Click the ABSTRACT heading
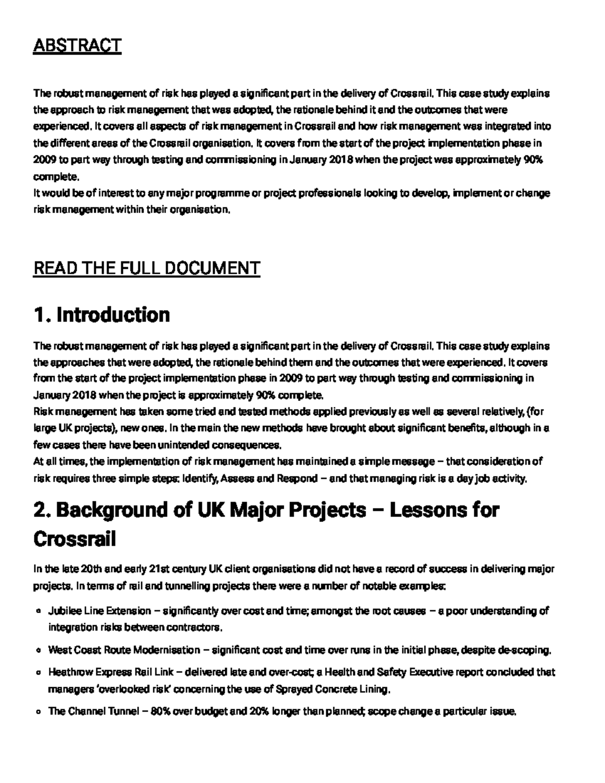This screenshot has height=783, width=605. (77, 45)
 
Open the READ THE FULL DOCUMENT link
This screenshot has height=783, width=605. (146, 268)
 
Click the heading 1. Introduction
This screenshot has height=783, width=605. (101, 315)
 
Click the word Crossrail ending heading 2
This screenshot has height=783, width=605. (74, 539)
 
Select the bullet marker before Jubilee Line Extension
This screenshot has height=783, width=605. (38, 612)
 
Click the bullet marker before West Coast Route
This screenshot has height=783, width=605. (38, 650)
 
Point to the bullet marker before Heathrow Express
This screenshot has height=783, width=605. (38, 673)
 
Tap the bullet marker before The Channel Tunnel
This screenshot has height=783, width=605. (38, 712)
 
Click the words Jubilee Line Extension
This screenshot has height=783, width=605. (99, 611)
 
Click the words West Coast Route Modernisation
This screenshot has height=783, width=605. (124, 650)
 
